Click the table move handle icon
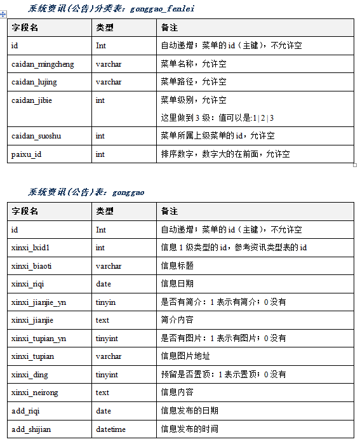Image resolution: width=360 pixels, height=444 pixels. click(4, 14)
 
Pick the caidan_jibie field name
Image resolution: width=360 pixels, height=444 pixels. click(31, 100)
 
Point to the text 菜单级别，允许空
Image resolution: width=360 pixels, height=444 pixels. click(194, 100)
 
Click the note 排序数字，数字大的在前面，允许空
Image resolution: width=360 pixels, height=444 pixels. click(225, 154)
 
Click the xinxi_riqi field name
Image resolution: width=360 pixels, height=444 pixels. click(28, 284)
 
